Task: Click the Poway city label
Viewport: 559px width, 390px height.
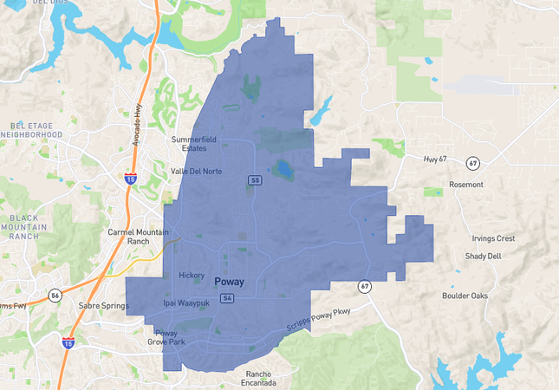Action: coord(230,282)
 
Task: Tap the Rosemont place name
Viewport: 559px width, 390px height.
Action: coord(471,185)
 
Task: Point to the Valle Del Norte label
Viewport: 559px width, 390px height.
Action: coord(196,172)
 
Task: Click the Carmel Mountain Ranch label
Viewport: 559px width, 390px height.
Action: coord(135,237)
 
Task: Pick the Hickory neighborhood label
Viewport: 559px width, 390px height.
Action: coord(192,276)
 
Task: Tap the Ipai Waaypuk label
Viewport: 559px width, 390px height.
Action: coord(186,303)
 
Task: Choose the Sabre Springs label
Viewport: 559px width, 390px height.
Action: coord(104,306)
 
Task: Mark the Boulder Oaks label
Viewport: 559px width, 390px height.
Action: coord(465,296)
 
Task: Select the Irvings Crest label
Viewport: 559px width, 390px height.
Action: coord(493,238)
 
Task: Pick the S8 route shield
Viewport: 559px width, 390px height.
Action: coord(255,180)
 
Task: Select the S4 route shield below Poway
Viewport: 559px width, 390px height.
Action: coord(227,298)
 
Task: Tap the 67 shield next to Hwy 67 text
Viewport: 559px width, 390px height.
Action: coord(472,162)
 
